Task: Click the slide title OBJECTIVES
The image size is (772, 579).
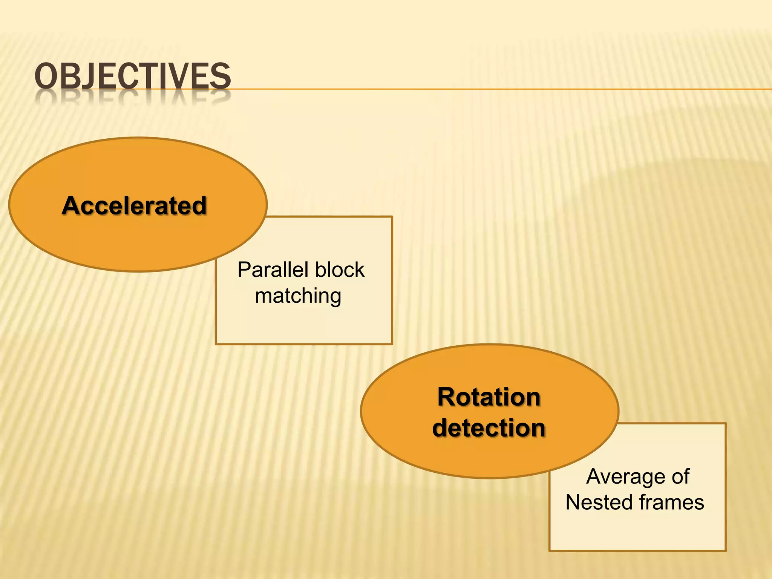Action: coord(132,77)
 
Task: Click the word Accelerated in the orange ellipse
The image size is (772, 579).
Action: coord(135,206)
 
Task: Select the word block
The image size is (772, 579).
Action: coord(340,270)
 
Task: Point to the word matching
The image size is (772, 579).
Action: coord(298,296)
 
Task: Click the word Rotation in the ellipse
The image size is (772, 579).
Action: coord(489,397)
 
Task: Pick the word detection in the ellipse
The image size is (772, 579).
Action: coord(489,428)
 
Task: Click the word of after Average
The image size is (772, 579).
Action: coord(680,476)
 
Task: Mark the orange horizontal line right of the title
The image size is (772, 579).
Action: coord(490,89)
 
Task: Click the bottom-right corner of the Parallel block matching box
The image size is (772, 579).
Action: coord(392,343)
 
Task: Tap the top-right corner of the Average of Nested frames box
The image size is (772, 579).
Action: coord(725,424)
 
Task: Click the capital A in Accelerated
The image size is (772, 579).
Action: coord(70,206)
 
